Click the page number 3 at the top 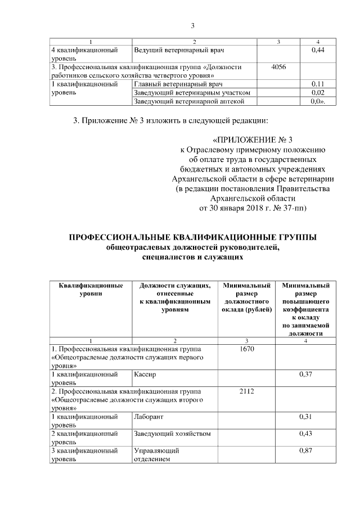(192, 25)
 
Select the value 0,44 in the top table (318, 51)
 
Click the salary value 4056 (278, 67)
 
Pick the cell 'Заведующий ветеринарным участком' (192, 92)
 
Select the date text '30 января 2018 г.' (238, 208)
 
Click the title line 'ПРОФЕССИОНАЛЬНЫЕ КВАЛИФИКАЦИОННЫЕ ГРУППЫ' (192, 237)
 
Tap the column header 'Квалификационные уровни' (91, 290)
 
